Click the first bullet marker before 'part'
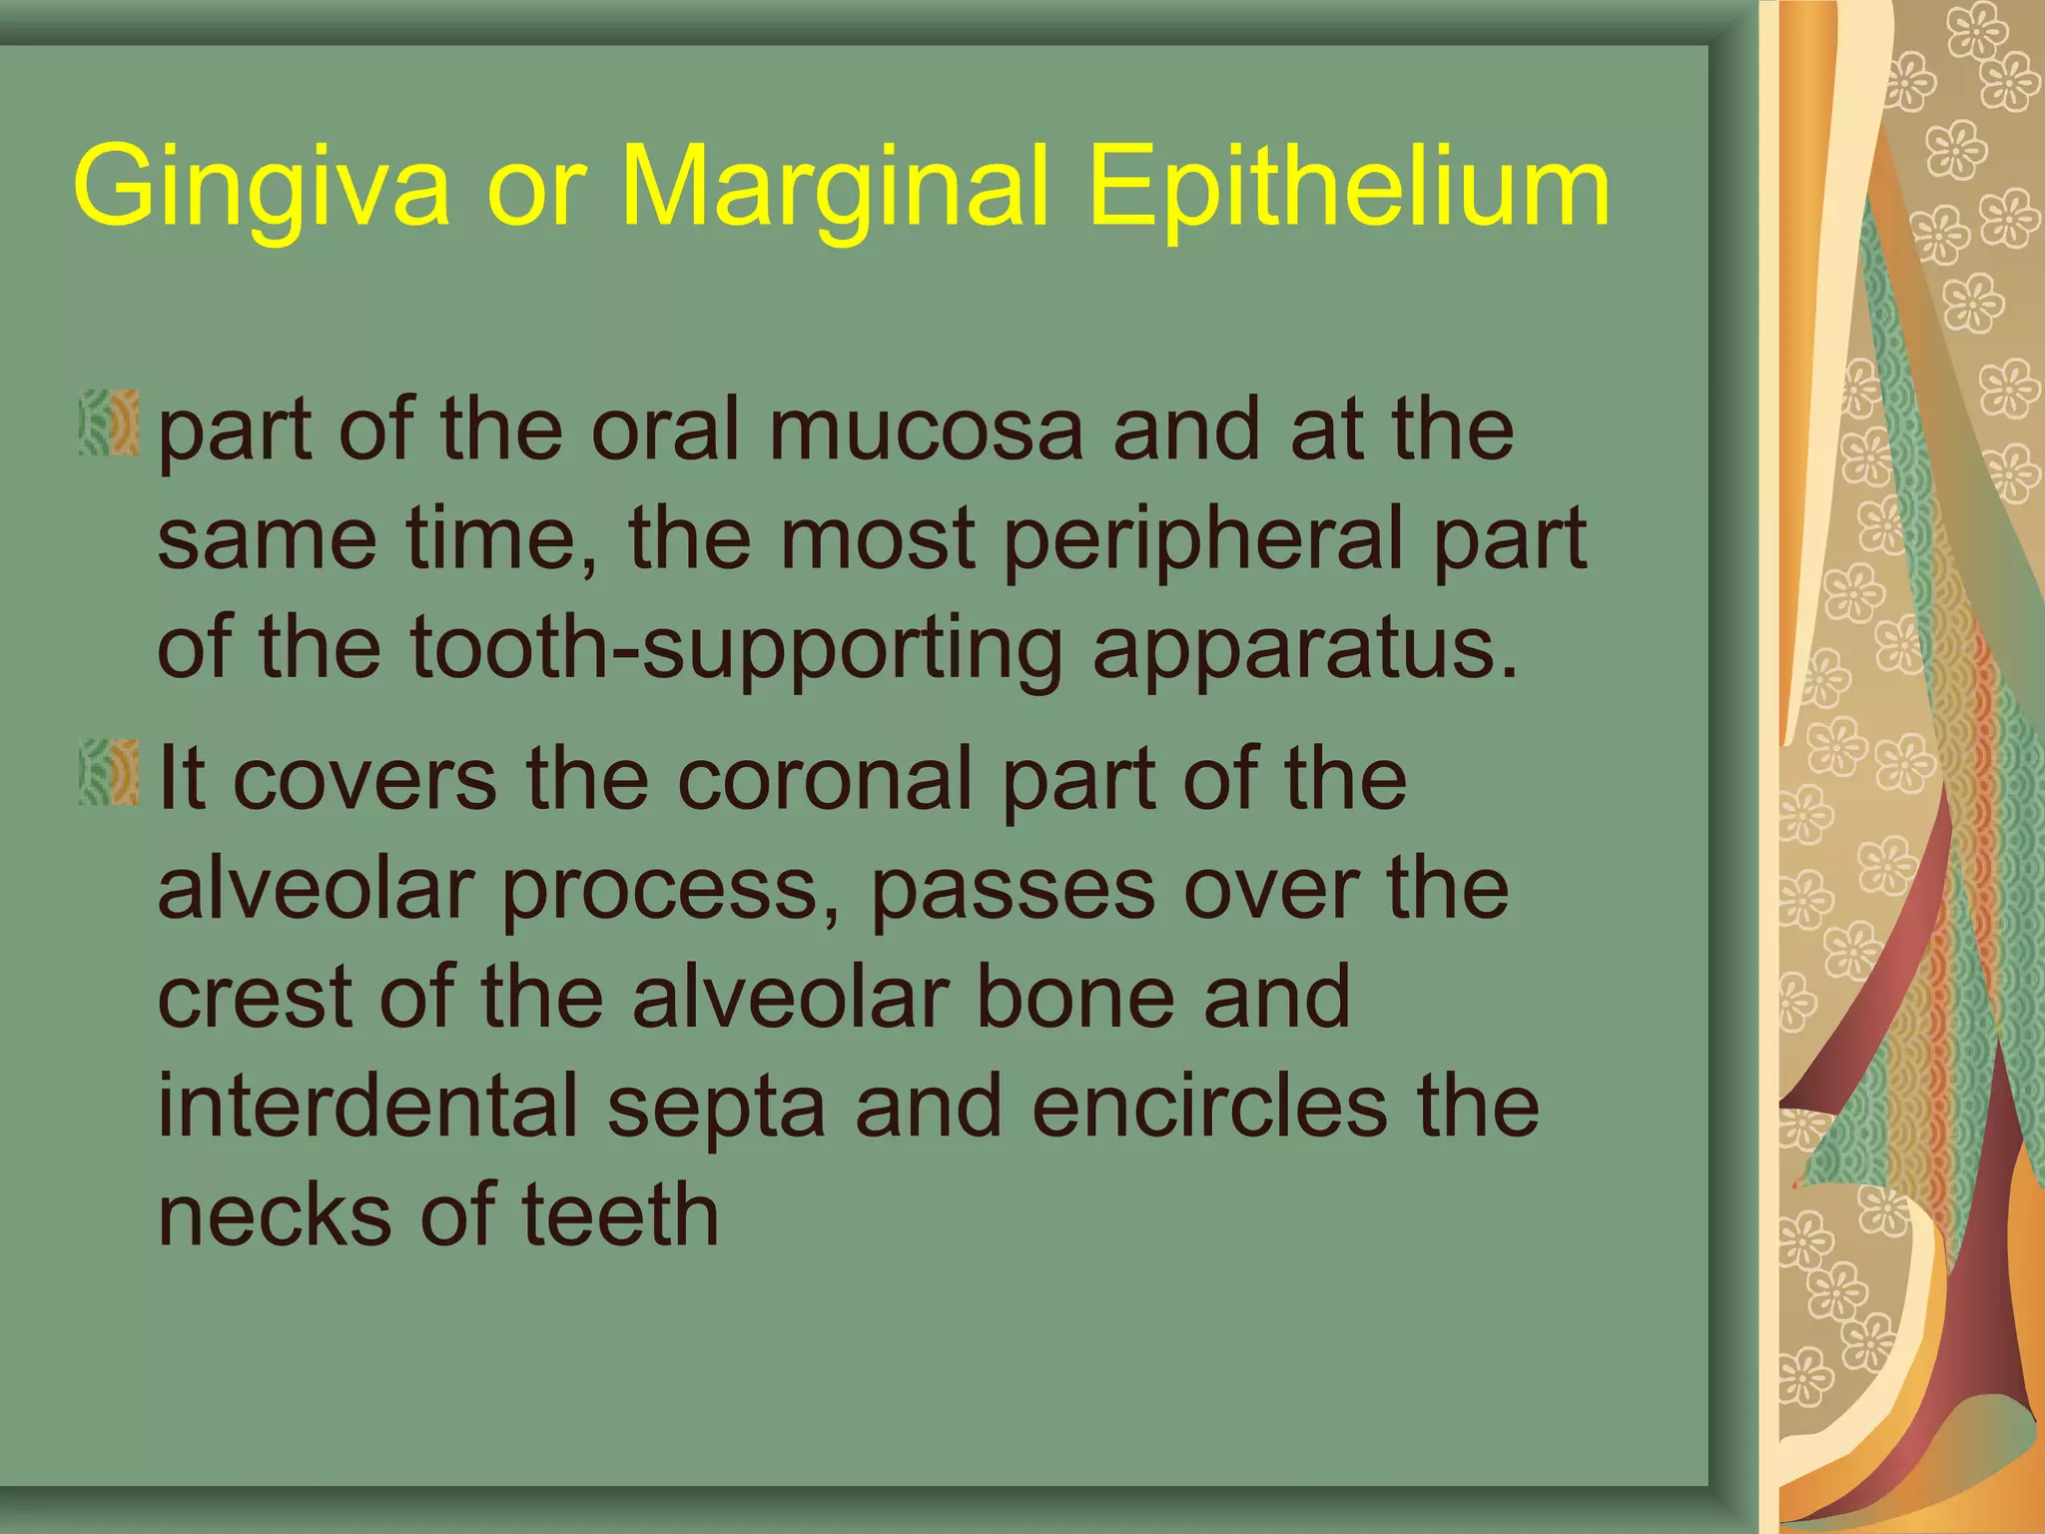[x=109, y=424]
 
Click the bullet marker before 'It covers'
[x=109, y=772]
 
